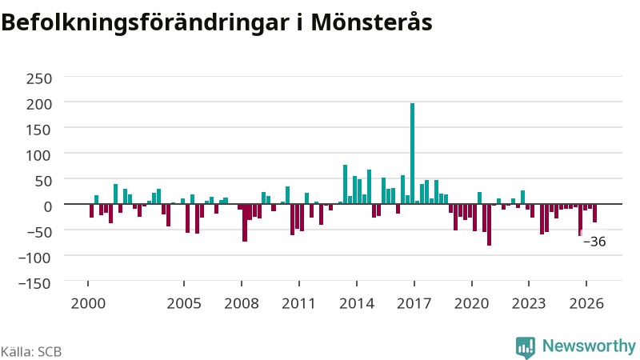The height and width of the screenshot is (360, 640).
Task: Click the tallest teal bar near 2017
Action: pos(412,154)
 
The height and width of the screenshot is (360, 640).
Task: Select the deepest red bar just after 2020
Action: pos(489,225)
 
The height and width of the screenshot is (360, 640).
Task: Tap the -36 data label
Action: pos(594,242)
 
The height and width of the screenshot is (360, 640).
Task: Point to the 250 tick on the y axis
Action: pos(39,78)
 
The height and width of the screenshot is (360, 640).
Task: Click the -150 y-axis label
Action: pos(34,283)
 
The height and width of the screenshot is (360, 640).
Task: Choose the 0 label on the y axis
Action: pos(48,206)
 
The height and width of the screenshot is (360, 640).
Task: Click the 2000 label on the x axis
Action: pos(88,304)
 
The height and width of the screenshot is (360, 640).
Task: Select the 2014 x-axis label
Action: pos(357,304)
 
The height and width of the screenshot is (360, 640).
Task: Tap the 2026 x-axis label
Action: pos(586,304)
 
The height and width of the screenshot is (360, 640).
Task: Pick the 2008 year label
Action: pos(242,304)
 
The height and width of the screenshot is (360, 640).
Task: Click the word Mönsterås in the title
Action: pos(371,22)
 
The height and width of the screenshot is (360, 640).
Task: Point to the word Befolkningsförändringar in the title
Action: pos(145,23)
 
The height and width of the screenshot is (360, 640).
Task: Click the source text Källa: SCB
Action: pos(31,351)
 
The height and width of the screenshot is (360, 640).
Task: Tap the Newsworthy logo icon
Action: pos(526,348)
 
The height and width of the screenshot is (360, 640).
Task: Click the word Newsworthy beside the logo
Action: pos(589,346)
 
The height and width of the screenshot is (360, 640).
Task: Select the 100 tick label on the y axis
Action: pos(39,155)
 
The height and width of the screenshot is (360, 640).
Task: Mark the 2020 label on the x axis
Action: pos(472,304)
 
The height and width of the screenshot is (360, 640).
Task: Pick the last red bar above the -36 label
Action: pos(594,213)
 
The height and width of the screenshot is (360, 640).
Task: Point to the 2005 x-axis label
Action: pos(184,304)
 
